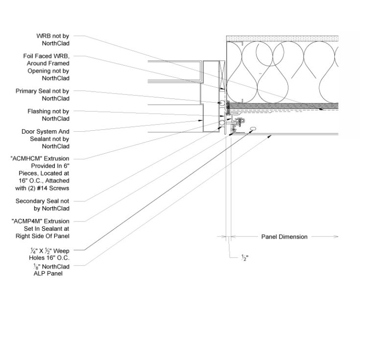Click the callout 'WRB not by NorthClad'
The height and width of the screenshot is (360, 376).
[x=53, y=40]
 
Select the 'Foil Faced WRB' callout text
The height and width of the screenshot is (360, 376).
[x=47, y=67]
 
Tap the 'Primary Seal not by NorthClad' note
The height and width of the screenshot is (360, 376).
[x=43, y=95]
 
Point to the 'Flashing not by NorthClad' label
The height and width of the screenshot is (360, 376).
[x=48, y=115]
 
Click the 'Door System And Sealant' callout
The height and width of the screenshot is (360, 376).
[x=46, y=139]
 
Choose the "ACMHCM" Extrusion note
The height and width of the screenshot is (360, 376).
[x=40, y=173]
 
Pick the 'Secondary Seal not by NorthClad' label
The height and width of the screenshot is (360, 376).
[x=43, y=205]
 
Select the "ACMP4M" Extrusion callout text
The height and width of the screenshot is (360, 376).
[x=41, y=229]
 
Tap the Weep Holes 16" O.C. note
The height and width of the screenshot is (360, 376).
[x=49, y=254]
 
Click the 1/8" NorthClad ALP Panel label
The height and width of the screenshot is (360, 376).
[x=51, y=270]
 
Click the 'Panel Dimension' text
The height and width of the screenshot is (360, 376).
[x=284, y=237]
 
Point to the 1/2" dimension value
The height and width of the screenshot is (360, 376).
[x=245, y=258]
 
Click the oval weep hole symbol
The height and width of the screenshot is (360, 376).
[x=253, y=129]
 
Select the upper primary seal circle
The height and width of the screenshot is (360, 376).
[x=222, y=103]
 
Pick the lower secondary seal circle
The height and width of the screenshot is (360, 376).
[x=222, y=123]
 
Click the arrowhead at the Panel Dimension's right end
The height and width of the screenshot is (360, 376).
[x=336, y=237]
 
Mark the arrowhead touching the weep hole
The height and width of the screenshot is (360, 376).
[x=250, y=131]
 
